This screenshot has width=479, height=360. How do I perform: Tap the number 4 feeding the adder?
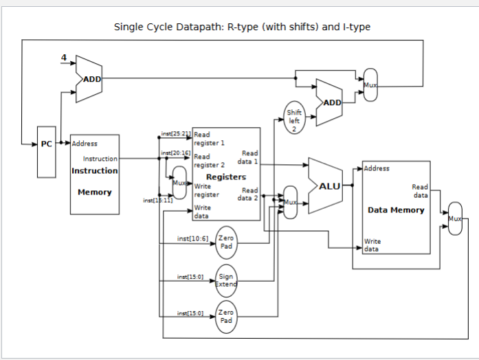pos(64,58)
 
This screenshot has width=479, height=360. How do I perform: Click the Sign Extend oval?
pos(226,280)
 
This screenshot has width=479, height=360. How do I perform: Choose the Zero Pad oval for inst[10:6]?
pos(226,242)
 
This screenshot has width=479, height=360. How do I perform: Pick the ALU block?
pos(328,185)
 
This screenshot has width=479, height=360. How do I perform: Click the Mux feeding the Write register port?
pos(179,183)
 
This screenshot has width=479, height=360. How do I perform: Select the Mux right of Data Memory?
pos(455,218)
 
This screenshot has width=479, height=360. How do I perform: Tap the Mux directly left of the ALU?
pos(291,202)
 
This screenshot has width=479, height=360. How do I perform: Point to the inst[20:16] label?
pos(175,153)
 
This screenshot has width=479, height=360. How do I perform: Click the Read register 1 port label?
pos(209,139)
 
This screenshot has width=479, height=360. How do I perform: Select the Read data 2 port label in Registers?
pos(249,194)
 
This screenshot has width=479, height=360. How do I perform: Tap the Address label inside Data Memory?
pos(377,168)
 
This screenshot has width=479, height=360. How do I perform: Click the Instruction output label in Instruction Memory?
pos(100,159)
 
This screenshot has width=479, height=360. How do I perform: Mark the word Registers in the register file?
pos(225,177)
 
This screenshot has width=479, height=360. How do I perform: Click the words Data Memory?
pos(396,210)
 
